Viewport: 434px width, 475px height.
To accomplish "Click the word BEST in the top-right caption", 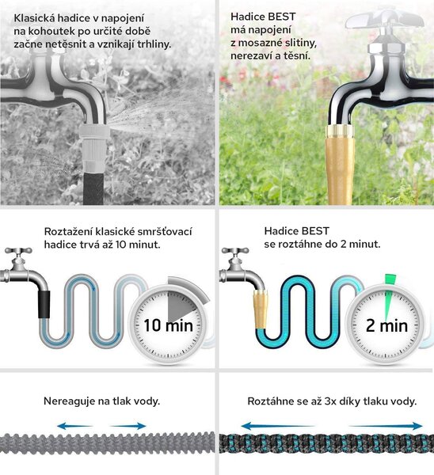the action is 282,17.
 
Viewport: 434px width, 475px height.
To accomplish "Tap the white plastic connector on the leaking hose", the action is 95,149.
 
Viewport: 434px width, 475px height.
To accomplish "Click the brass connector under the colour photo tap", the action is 340,164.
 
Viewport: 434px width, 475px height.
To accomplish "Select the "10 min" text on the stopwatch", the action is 168,325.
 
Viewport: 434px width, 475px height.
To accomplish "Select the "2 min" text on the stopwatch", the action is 386,326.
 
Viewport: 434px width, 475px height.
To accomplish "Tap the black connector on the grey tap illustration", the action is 44,304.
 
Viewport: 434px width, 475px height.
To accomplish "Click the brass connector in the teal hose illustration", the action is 261,309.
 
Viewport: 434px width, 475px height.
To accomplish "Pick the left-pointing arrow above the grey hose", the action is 74,426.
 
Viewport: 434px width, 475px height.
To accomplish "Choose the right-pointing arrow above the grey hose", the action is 128,426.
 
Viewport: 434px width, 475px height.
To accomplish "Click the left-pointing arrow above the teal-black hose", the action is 278,426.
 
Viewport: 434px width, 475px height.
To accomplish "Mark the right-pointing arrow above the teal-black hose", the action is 386,426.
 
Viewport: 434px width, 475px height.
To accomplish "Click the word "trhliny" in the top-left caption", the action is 154,44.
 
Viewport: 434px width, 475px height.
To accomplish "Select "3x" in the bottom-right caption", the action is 329,401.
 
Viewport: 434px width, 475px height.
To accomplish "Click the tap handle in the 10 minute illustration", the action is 18,251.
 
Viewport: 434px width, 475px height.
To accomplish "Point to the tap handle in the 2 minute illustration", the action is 235,251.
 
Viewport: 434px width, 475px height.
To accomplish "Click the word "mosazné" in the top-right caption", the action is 261,43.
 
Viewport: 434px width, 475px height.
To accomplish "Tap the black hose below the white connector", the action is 94,188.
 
